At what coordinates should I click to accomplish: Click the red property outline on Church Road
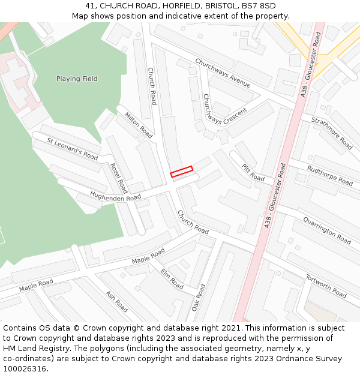181,172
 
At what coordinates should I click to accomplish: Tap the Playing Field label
77,79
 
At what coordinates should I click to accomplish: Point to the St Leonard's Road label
73,148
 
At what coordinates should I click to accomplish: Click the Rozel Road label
119,175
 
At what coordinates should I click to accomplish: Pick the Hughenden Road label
115,196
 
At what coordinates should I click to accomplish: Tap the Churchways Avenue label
223,73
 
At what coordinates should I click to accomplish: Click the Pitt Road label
253,172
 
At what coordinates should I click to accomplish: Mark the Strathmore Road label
332,133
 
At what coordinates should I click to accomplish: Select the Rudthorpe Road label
330,175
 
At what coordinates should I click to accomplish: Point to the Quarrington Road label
327,230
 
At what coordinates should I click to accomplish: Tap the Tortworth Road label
326,286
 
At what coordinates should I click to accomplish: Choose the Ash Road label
116,301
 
